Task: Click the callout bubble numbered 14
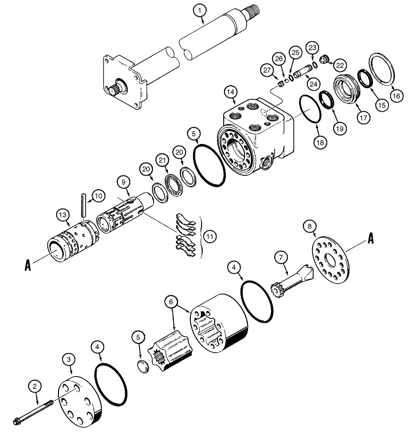point(230,92)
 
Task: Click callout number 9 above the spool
point(124,182)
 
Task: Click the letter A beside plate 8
point(371,240)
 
